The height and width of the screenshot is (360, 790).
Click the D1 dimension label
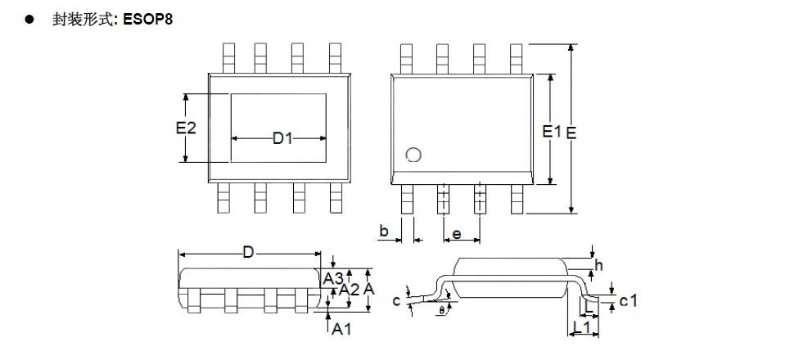coord(282,139)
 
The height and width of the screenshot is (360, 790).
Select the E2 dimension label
coord(187,128)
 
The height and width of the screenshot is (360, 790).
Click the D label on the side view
coord(247,254)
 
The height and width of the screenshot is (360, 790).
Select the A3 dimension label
coord(332,278)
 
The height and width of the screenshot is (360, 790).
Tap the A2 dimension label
coord(350,289)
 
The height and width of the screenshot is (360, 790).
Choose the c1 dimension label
coord(628,300)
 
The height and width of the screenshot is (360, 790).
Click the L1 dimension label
coord(584,327)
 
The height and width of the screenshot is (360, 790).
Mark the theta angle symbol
coord(443,311)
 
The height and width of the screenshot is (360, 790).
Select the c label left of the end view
coord(397,301)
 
